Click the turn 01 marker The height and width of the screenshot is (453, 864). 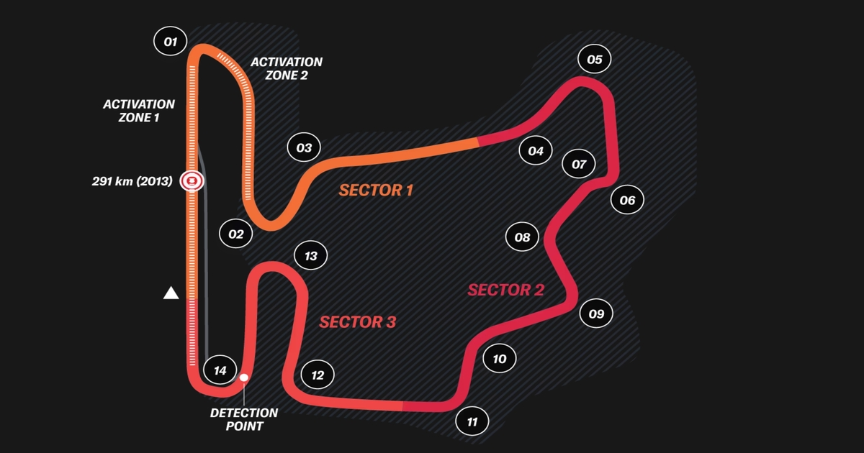click(x=171, y=42)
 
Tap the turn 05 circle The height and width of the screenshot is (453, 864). click(x=594, y=60)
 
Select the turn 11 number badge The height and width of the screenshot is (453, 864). click(x=472, y=422)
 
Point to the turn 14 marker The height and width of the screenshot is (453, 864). click(x=220, y=370)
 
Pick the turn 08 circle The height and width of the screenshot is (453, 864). click(x=523, y=237)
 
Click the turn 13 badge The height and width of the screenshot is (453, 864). click(x=311, y=256)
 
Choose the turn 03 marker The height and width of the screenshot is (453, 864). click(x=304, y=148)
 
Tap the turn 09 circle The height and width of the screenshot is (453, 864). click(x=596, y=314)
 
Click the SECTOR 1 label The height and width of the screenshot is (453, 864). click(x=376, y=191)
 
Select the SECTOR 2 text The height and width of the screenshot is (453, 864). click(x=505, y=290)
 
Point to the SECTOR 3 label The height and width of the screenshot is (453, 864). click(x=358, y=322)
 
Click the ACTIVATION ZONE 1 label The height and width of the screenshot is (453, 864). click(x=139, y=111)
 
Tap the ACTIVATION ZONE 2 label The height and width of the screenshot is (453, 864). click(x=287, y=68)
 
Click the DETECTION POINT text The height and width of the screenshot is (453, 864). click(x=244, y=419)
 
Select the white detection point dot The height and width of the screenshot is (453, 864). click(x=244, y=377)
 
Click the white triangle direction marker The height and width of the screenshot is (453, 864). click(x=171, y=293)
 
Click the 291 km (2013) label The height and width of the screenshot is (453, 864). click(x=132, y=182)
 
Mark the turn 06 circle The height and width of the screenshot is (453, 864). click(x=627, y=200)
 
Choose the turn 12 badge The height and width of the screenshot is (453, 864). click(x=318, y=375)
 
